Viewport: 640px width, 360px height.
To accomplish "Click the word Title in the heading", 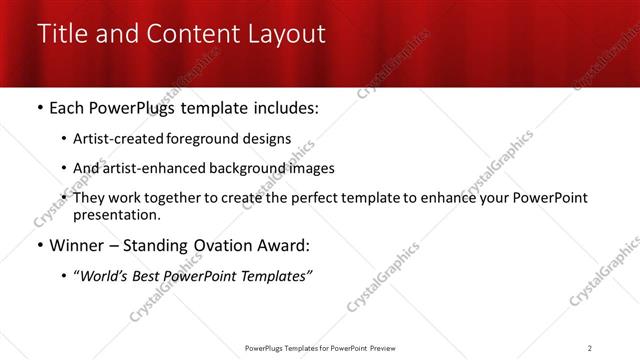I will click(62, 33).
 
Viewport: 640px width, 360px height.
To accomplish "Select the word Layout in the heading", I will click(282, 34).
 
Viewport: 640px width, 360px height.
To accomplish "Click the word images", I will click(311, 168).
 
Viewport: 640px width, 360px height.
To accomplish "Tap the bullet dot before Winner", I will click(39, 246).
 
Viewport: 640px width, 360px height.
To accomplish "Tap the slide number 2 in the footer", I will click(590, 348).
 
